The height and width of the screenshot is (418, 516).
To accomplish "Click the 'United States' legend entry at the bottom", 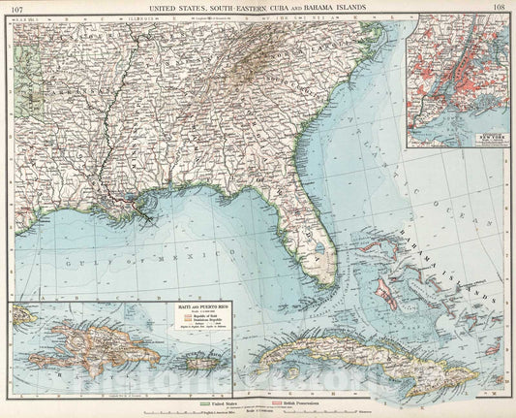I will pyautogui.click(x=221, y=402).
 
